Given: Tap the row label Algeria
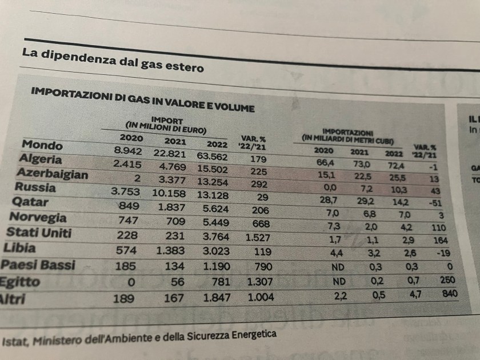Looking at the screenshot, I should click(41, 159).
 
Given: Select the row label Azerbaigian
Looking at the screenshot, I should click(52, 174).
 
